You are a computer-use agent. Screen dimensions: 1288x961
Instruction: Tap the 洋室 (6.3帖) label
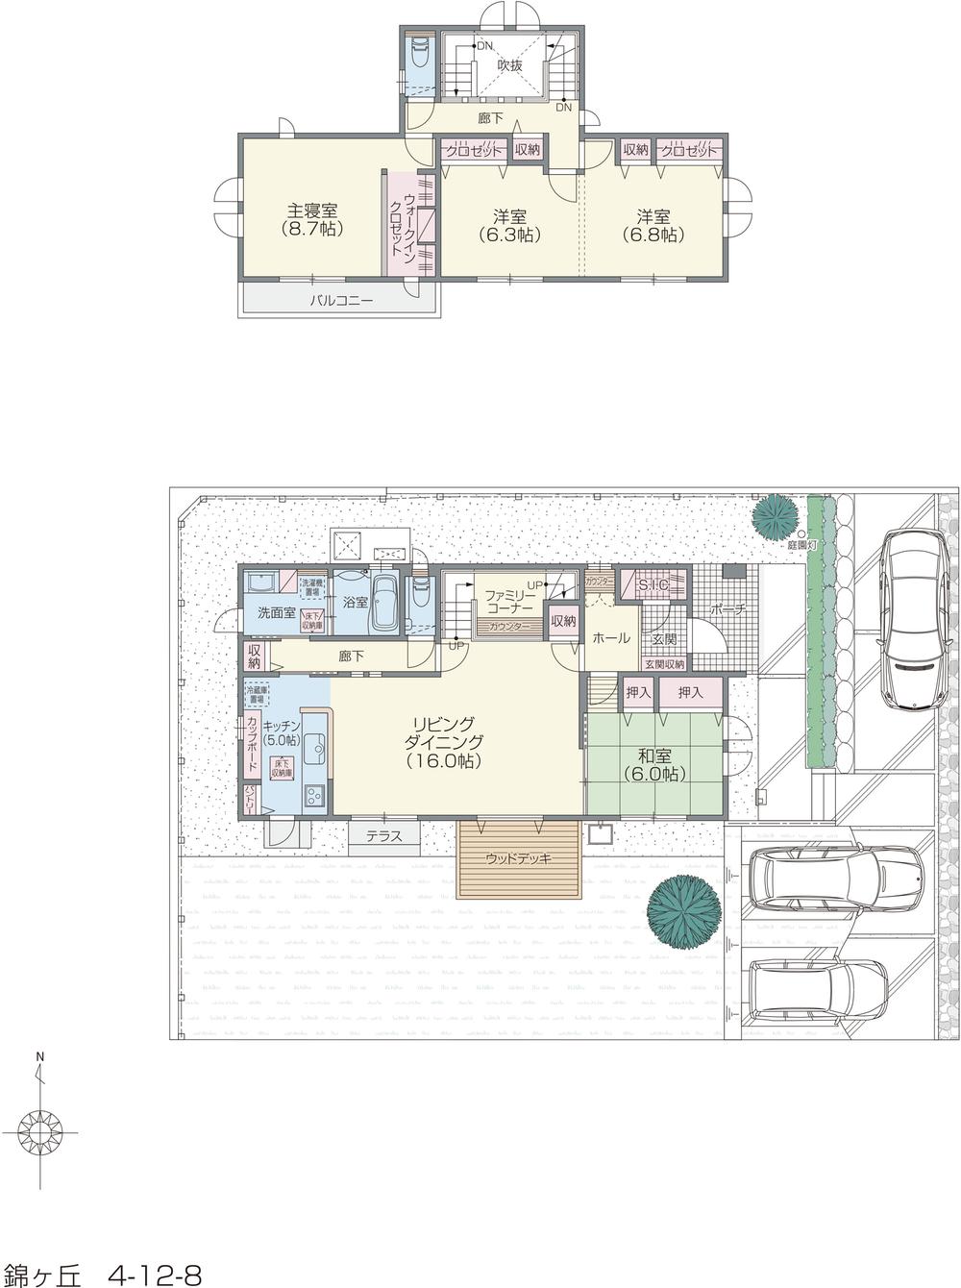click(x=508, y=223)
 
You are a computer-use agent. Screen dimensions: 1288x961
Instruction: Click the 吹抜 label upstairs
click(x=509, y=65)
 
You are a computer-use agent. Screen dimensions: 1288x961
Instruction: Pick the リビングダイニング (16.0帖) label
click(x=443, y=741)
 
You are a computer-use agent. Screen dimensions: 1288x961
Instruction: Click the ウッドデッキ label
click(x=518, y=858)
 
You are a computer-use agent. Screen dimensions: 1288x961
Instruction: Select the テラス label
click(x=383, y=836)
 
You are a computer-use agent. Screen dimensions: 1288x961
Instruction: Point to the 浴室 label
click(x=355, y=603)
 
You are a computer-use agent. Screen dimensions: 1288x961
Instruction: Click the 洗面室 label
click(x=276, y=612)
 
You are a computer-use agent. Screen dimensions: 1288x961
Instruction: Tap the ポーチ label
click(x=727, y=609)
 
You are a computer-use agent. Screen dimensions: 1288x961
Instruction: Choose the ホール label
click(x=610, y=638)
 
